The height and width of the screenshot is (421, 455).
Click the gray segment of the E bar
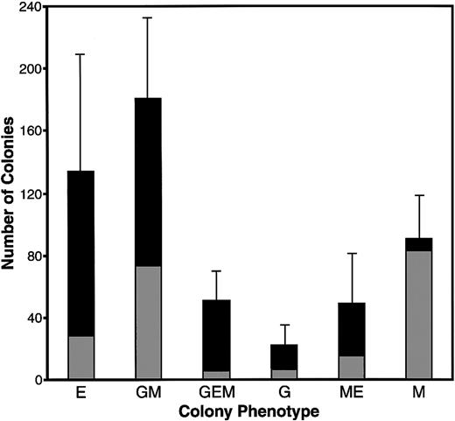point(80,358)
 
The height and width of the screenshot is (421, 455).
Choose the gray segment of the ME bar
point(352,368)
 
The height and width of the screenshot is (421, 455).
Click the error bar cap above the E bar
point(80,54)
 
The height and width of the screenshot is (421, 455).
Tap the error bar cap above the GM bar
point(148,18)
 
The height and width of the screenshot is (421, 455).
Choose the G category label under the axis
point(285,393)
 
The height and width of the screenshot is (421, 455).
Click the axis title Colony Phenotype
point(249,410)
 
